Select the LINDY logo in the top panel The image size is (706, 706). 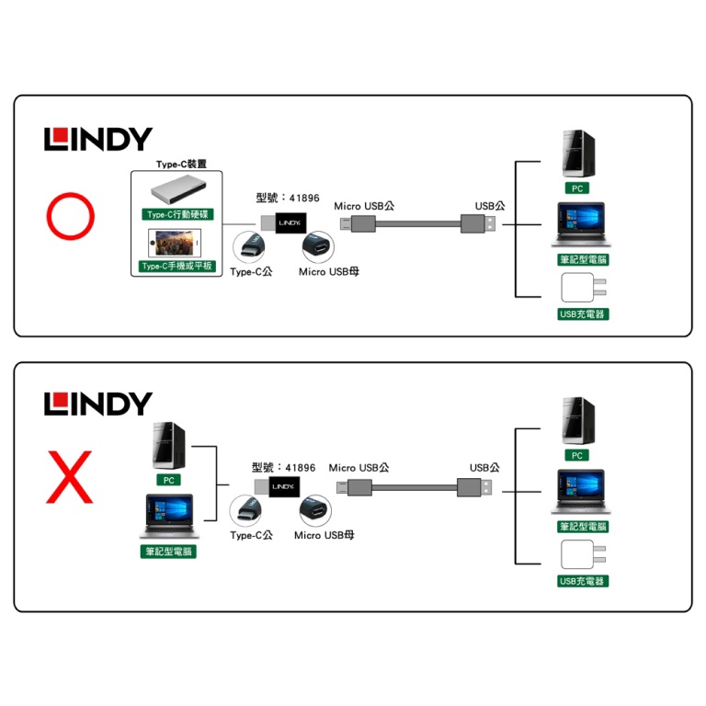point(97,140)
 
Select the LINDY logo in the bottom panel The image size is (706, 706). point(97,404)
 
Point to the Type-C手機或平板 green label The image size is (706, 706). point(177,267)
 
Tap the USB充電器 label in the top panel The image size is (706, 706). point(583,314)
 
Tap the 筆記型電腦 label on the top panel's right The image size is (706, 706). point(583,260)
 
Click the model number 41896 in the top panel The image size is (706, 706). point(303,198)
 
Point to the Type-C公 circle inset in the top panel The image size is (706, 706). point(252,246)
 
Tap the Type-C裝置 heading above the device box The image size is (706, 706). point(181,164)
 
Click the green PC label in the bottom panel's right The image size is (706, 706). point(577,455)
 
